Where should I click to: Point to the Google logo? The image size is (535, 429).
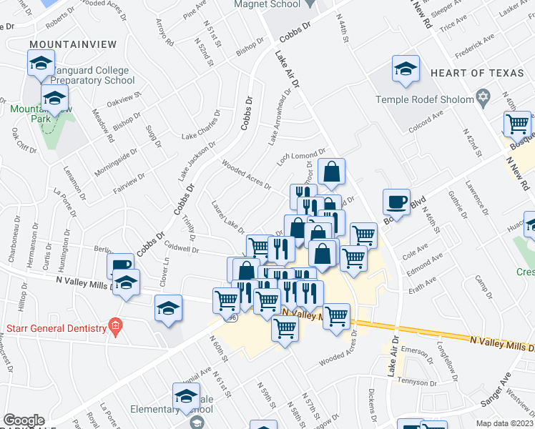pyautogui.click(x=24, y=420)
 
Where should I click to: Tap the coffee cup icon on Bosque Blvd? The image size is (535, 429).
pyautogui.click(x=396, y=201)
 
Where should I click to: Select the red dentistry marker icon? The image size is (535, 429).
pyautogui.click(x=114, y=327)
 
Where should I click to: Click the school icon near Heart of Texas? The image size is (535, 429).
pyautogui.click(x=406, y=69)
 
